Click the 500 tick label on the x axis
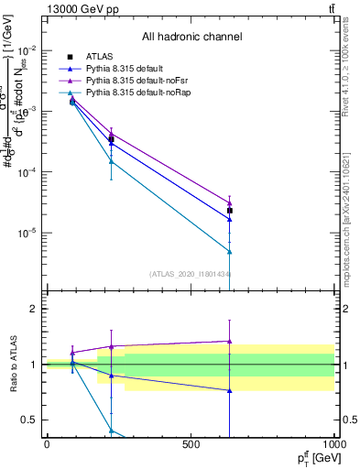[191, 444]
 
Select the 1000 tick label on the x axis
[333, 444]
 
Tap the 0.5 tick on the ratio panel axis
[30, 420]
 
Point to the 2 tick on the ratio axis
[34, 310]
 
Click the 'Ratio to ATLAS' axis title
[12, 364]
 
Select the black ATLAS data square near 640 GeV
[230, 211]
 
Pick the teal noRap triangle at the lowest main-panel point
[230, 252]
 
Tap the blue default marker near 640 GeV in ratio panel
[230, 390]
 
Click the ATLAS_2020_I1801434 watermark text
[191, 273]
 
